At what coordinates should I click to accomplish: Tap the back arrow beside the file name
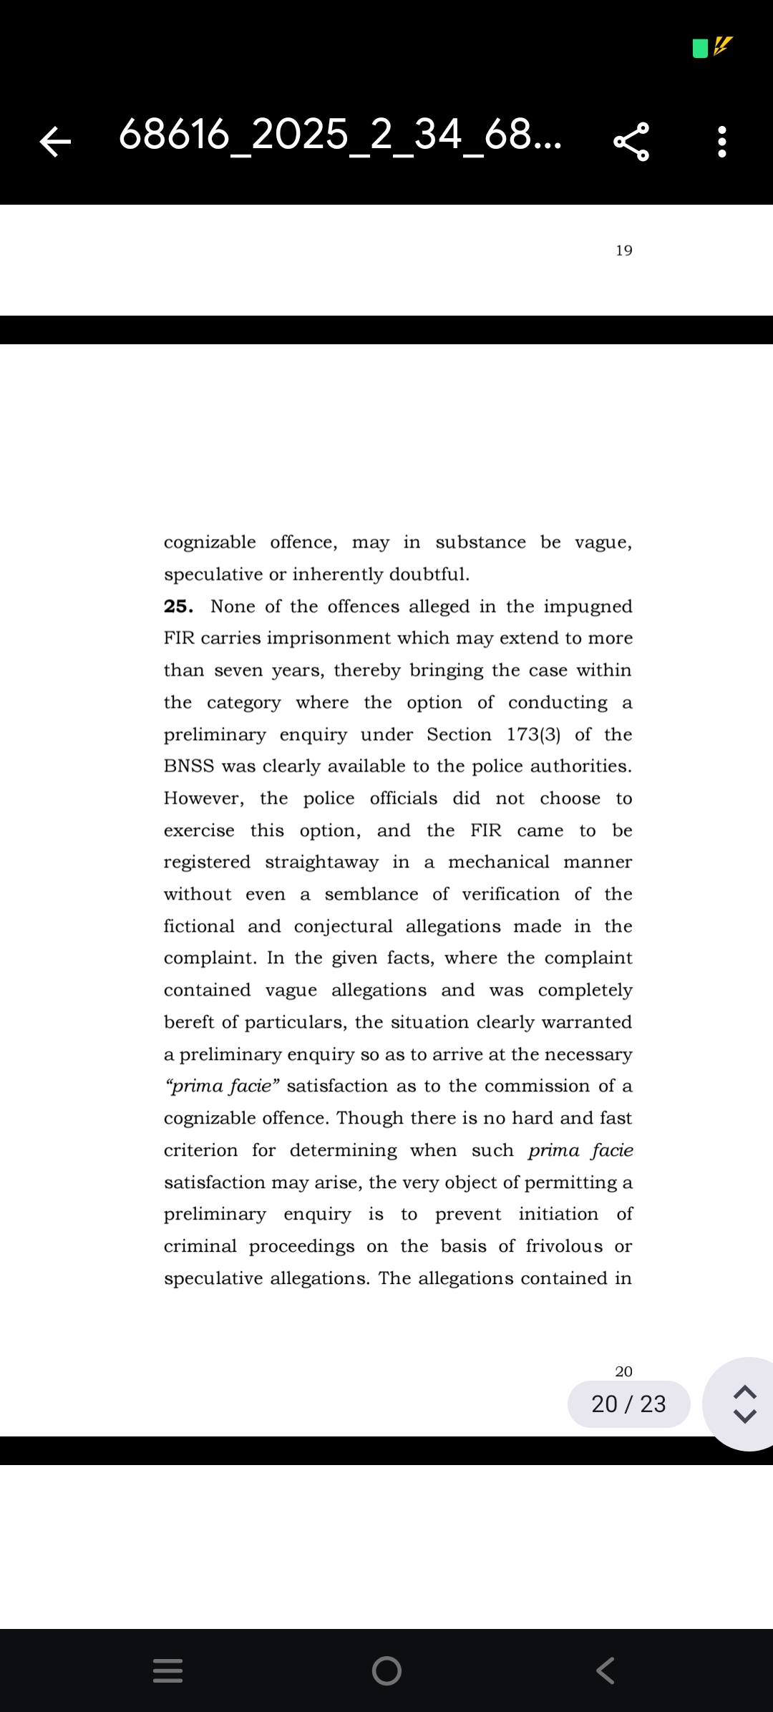point(55,141)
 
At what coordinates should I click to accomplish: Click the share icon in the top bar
point(631,141)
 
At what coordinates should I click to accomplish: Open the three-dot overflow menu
point(722,141)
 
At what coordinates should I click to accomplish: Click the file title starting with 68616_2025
point(340,135)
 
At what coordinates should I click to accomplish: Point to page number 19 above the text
point(624,251)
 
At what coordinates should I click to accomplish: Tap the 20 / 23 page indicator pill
point(628,1404)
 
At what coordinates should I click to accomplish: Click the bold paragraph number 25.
point(178,606)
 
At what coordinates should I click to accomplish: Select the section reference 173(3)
point(533,734)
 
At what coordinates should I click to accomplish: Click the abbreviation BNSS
point(189,766)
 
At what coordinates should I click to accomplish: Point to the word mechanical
point(499,862)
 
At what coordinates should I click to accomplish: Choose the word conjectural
point(343,926)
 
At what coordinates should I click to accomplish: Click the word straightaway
point(321,862)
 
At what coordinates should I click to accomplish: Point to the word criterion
point(200,1150)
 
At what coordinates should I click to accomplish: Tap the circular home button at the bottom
point(386,1670)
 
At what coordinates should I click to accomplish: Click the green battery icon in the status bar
point(700,48)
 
